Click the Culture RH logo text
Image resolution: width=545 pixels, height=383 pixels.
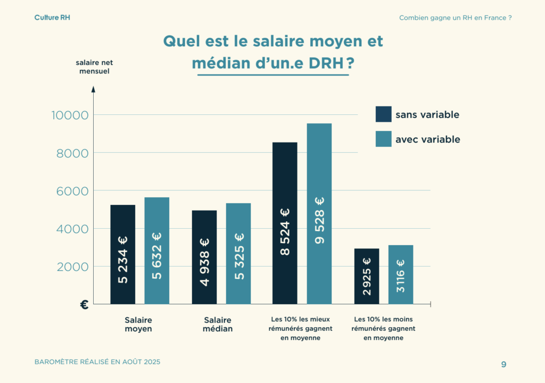tap(52, 18)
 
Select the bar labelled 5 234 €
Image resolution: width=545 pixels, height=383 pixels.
tap(123, 254)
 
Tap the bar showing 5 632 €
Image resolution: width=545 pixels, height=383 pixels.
tap(156, 251)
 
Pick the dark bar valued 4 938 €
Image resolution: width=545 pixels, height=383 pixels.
tap(204, 257)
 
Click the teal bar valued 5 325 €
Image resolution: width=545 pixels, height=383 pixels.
tap(238, 253)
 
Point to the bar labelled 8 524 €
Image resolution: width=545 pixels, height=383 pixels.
tap(285, 223)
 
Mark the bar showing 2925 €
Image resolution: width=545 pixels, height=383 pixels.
tap(367, 276)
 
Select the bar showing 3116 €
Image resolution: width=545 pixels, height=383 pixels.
tap(401, 274)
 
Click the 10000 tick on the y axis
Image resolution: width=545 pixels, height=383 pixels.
tap(69, 115)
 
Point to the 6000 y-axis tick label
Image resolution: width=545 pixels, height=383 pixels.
tap(69, 191)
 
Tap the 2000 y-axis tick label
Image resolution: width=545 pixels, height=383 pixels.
tap(69, 267)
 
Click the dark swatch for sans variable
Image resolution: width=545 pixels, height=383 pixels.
tap(383, 114)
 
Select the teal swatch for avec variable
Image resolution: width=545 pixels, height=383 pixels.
tap(383, 139)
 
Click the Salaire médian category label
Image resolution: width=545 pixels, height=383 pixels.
tap(218, 324)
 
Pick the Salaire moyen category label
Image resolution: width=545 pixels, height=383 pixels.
tap(138, 324)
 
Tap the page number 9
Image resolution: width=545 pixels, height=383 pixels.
tap(503, 364)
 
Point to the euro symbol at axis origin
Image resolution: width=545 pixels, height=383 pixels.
tap(84, 304)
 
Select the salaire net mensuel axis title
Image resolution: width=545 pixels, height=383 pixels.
tap(94, 66)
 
